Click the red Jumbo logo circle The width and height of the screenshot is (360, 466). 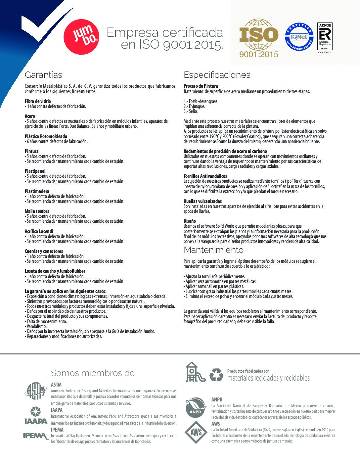[x=81, y=36]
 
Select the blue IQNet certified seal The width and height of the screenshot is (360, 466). [x=299, y=37]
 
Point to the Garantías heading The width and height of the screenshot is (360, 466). [x=43, y=75]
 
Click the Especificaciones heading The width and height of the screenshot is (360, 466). [x=217, y=75]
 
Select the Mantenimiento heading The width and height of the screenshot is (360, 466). [x=213, y=250]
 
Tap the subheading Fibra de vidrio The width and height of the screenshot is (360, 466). [x=38, y=101]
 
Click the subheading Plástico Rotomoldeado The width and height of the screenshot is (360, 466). [x=46, y=136]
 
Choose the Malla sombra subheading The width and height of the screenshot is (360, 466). [x=37, y=211]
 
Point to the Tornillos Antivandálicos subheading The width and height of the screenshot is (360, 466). [x=205, y=176]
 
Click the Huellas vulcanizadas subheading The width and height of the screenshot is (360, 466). [x=202, y=201]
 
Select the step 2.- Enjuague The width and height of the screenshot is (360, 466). [x=194, y=106]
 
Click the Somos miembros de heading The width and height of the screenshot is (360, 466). [x=93, y=373]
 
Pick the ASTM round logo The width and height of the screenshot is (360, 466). [x=35, y=391]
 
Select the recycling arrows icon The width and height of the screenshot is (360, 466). [x=216, y=375]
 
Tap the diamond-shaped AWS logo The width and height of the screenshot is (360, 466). [x=196, y=432]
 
